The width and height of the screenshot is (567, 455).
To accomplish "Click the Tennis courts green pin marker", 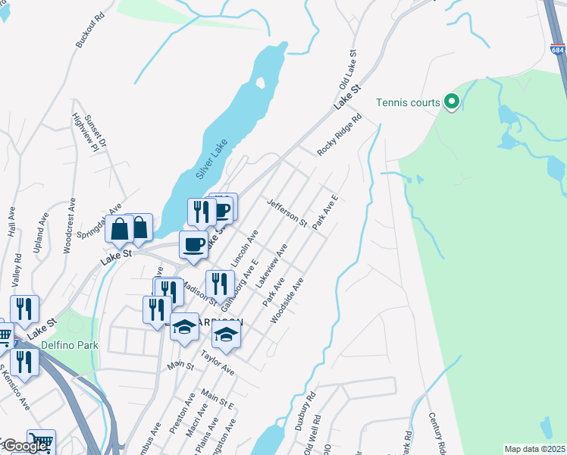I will point(452,102).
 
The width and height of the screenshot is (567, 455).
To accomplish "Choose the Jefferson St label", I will point(287,213).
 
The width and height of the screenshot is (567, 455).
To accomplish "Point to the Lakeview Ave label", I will point(272,265).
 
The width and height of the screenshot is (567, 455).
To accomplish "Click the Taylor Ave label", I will point(217,362).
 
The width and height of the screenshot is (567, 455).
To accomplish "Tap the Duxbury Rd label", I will point(303,411).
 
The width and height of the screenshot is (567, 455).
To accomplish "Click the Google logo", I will point(24,446).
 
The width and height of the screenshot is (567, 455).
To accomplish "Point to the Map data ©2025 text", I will point(534,449).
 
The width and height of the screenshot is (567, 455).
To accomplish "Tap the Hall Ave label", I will point(11,222).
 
